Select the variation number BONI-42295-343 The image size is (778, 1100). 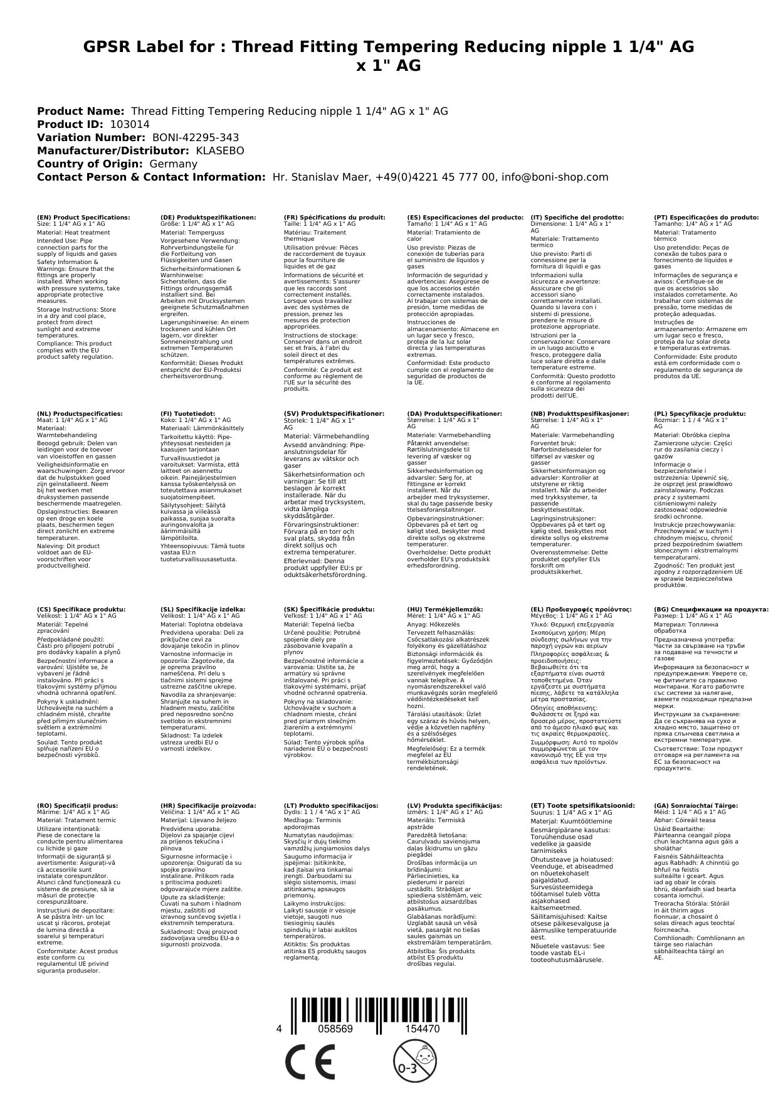(196, 137)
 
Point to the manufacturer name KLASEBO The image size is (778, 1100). (219, 151)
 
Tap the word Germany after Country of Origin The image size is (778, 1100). (173, 164)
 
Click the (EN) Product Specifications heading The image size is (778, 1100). (83, 217)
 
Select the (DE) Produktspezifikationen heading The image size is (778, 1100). (208, 217)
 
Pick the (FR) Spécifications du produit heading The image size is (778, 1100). (334, 217)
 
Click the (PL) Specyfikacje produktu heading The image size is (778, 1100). (700, 414)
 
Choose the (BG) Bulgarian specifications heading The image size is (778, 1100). (711, 609)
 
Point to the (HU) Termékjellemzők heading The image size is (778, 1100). (445, 609)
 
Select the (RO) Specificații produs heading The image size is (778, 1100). (77, 805)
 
